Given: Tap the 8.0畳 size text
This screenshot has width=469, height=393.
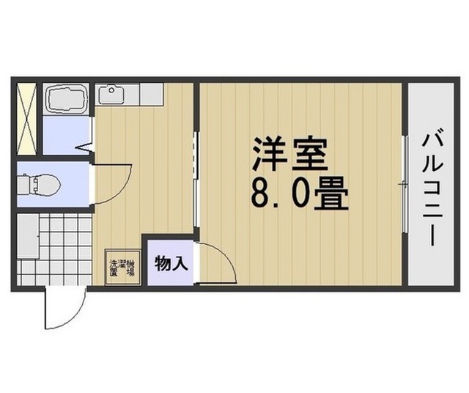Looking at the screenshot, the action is click(300, 193).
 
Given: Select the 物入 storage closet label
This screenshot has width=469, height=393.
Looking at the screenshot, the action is click(171, 264).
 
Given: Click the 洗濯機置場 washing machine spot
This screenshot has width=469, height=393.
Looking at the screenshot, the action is click(122, 267).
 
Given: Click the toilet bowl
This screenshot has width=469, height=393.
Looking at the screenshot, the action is click(39, 183).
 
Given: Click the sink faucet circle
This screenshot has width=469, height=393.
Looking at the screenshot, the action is click(112, 89).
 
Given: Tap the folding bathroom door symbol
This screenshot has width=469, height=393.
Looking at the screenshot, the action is click(86, 147).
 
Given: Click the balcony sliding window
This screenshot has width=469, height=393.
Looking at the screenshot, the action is click(405, 184).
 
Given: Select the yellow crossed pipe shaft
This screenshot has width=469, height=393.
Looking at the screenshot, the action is click(27, 119).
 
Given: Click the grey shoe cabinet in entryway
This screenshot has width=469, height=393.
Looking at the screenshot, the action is click(28, 236).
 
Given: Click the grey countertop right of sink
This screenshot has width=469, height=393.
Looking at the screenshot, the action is click(152, 94).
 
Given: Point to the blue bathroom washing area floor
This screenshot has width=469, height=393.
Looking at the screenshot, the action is click(67, 136).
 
